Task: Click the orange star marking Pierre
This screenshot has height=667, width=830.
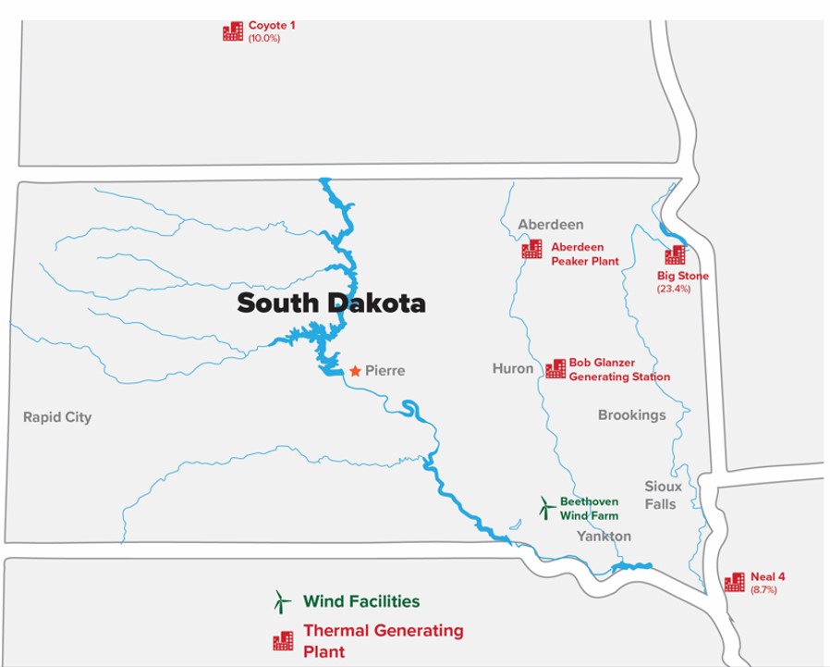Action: (354, 371)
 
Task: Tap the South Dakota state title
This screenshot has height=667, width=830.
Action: (331, 303)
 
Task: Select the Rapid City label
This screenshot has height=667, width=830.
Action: (57, 417)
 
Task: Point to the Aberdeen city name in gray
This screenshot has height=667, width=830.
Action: (551, 225)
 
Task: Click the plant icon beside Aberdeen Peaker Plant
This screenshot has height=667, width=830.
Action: (531, 249)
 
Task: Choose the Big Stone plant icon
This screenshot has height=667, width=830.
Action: (676, 255)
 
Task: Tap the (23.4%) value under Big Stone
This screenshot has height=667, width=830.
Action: (674, 289)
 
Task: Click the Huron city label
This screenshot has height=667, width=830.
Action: (513, 368)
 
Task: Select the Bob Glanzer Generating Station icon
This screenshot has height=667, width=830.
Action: (555, 369)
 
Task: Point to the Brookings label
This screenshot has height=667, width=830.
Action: (631, 415)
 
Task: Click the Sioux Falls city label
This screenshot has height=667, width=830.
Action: (663, 495)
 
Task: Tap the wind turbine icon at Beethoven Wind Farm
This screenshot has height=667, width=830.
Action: (546, 507)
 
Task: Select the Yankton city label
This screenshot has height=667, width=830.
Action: (604, 537)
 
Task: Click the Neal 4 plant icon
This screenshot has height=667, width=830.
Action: (735, 582)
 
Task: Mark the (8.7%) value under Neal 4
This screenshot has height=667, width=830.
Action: (764, 589)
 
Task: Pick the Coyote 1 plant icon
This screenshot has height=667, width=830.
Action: (233, 31)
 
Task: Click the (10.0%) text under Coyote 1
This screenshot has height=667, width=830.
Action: (263, 38)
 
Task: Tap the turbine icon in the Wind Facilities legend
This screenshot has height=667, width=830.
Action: (279, 601)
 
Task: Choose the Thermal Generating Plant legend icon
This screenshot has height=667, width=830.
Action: (283, 640)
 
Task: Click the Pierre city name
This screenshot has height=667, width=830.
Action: (385, 371)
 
